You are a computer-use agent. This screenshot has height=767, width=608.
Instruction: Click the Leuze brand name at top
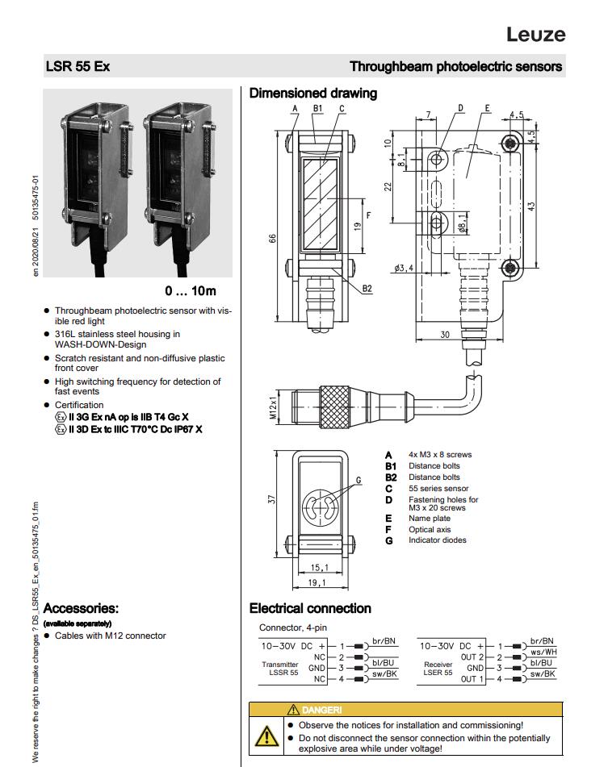(535, 34)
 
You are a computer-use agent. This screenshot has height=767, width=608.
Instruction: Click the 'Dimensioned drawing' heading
(312, 94)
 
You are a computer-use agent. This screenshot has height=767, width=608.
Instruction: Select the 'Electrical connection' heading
(310, 608)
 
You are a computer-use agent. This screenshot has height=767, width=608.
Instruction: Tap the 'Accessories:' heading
(81, 607)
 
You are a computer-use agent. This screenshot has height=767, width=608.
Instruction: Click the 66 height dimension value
(272, 240)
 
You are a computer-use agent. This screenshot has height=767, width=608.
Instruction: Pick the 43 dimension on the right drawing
(553, 206)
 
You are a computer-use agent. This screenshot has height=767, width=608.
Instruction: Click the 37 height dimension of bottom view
(272, 499)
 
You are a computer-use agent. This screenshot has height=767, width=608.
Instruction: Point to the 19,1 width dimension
(318, 582)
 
